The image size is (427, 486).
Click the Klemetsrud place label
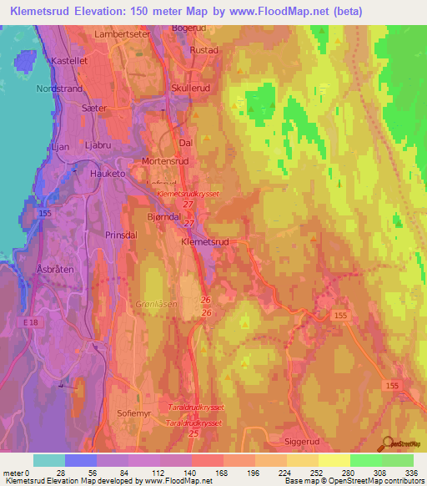[204, 241]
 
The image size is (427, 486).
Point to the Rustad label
[203, 50]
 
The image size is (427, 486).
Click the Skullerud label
[191, 87]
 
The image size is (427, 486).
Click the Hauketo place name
[107, 174]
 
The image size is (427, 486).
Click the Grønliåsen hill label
[155, 305]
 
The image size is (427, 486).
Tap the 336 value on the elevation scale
[409, 472]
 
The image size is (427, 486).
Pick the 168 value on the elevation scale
[219, 472]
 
